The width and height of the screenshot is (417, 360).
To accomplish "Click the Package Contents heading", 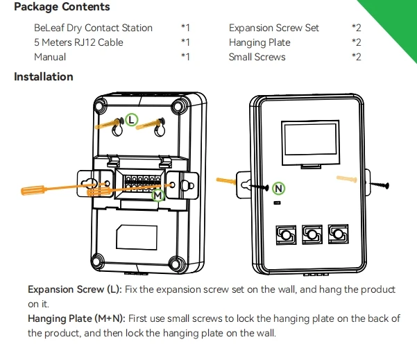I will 62,7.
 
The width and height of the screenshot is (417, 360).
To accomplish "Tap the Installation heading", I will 44,76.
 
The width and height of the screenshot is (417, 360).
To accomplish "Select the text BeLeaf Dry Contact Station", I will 93,28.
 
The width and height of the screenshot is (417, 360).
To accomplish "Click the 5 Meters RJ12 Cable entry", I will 78,42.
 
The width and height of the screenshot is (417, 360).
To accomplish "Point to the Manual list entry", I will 50,57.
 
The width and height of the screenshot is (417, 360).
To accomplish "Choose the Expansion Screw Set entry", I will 274,28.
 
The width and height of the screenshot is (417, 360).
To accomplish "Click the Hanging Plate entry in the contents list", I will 259,42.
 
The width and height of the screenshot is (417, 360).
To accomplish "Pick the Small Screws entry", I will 257,57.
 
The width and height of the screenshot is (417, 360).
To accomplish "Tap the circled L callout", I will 133,120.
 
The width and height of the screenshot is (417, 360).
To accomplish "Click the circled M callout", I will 158,196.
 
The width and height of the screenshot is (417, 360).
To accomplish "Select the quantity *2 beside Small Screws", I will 356,57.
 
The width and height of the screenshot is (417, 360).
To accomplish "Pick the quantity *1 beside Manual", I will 185,57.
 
